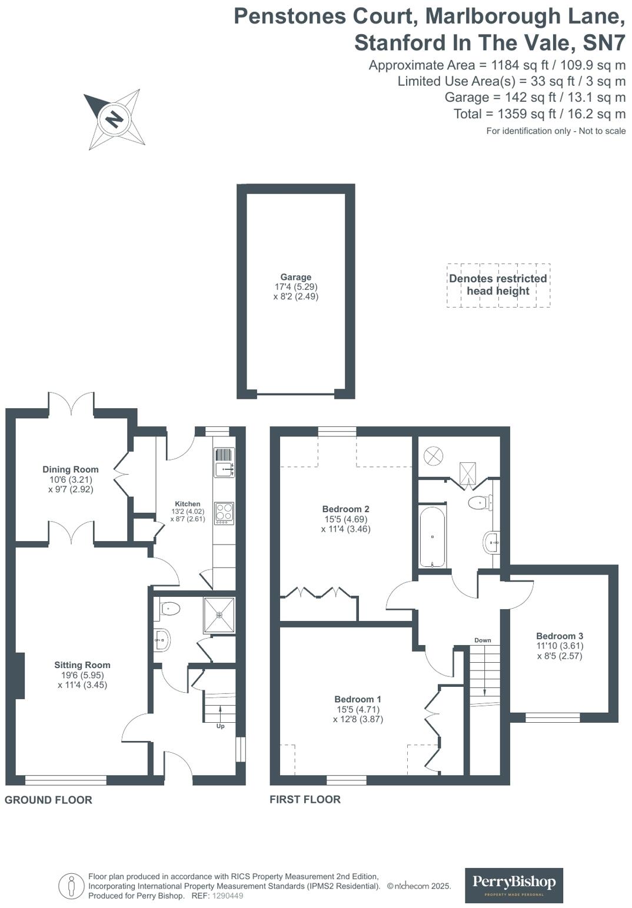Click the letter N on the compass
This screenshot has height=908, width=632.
click(114, 119)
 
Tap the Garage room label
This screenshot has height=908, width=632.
click(295, 277)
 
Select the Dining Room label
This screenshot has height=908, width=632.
click(70, 469)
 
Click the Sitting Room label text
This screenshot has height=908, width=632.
click(82, 665)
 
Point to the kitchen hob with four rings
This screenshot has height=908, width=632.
click(224, 513)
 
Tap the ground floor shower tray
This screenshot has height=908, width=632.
click(219, 615)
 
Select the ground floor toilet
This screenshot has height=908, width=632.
click(169, 609)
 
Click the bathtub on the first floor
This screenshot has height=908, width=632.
click(433, 536)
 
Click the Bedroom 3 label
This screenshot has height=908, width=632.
click(560, 636)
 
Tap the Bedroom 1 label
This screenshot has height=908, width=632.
click(358, 699)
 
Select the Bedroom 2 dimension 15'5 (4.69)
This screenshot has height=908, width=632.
click(346, 519)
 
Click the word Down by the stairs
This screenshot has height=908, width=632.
click(483, 640)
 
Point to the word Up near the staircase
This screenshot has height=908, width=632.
click(221, 726)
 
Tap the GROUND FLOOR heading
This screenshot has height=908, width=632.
click(48, 800)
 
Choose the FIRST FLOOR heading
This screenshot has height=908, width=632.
click(305, 799)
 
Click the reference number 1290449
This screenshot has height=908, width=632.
click(227, 896)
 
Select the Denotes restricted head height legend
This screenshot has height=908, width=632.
click(498, 285)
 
